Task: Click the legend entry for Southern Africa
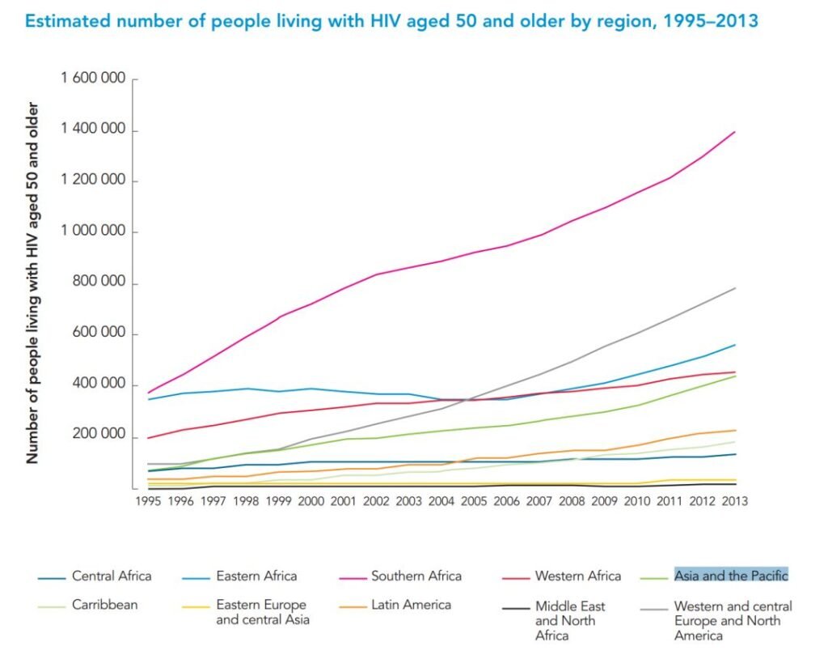pyautogui.click(x=416, y=576)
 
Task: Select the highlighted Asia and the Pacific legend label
pyautogui.click(x=731, y=576)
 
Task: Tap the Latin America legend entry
pyautogui.click(x=412, y=605)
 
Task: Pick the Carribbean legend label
pyautogui.click(x=105, y=605)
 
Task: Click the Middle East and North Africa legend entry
pyautogui.click(x=569, y=620)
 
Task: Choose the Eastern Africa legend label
pyautogui.click(x=256, y=576)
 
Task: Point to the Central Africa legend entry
pyautogui.click(x=111, y=576)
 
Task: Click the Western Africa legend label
pyautogui.click(x=577, y=576)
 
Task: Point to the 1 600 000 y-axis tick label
pyautogui.click(x=93, y=79)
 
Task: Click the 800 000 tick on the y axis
pyautogui.click(x=99, y=283)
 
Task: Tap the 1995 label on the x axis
pyautogui.click(x=148, y=501)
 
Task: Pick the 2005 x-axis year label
pyautogui.click(x=474, y=501)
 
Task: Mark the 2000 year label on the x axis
pyautogui.click(x=310, y=501)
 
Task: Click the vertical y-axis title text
pyautogui.click(x=33, y=283)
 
